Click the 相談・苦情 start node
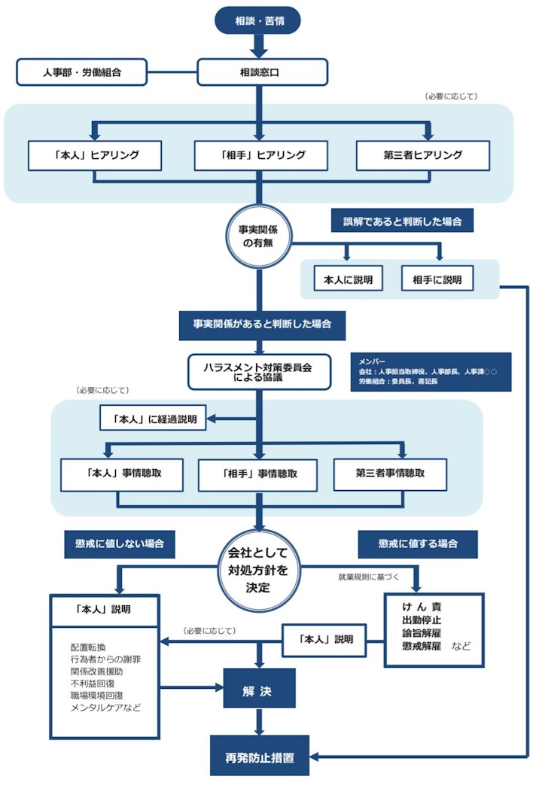(257, 20)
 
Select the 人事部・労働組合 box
(82, 72)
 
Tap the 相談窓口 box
(262, 72)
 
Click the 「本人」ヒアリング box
(95, 155)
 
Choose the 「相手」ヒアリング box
(260, 155)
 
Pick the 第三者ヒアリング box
(422, 155)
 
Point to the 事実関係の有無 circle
(258, 236)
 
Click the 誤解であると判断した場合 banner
(402, 221)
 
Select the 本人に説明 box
(348, 279)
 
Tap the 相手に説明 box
(437, 279)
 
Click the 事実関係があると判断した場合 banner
(262, 324)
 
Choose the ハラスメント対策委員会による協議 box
(259, 372)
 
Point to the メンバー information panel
(431, 372)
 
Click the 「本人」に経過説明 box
(153, 418)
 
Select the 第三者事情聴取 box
(390, 474)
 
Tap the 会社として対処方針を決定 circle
(258, 570)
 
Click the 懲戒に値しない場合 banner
(120, 544)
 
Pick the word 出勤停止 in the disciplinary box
(421, 620)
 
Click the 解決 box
(259, 688)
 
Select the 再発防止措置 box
(260, 756)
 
